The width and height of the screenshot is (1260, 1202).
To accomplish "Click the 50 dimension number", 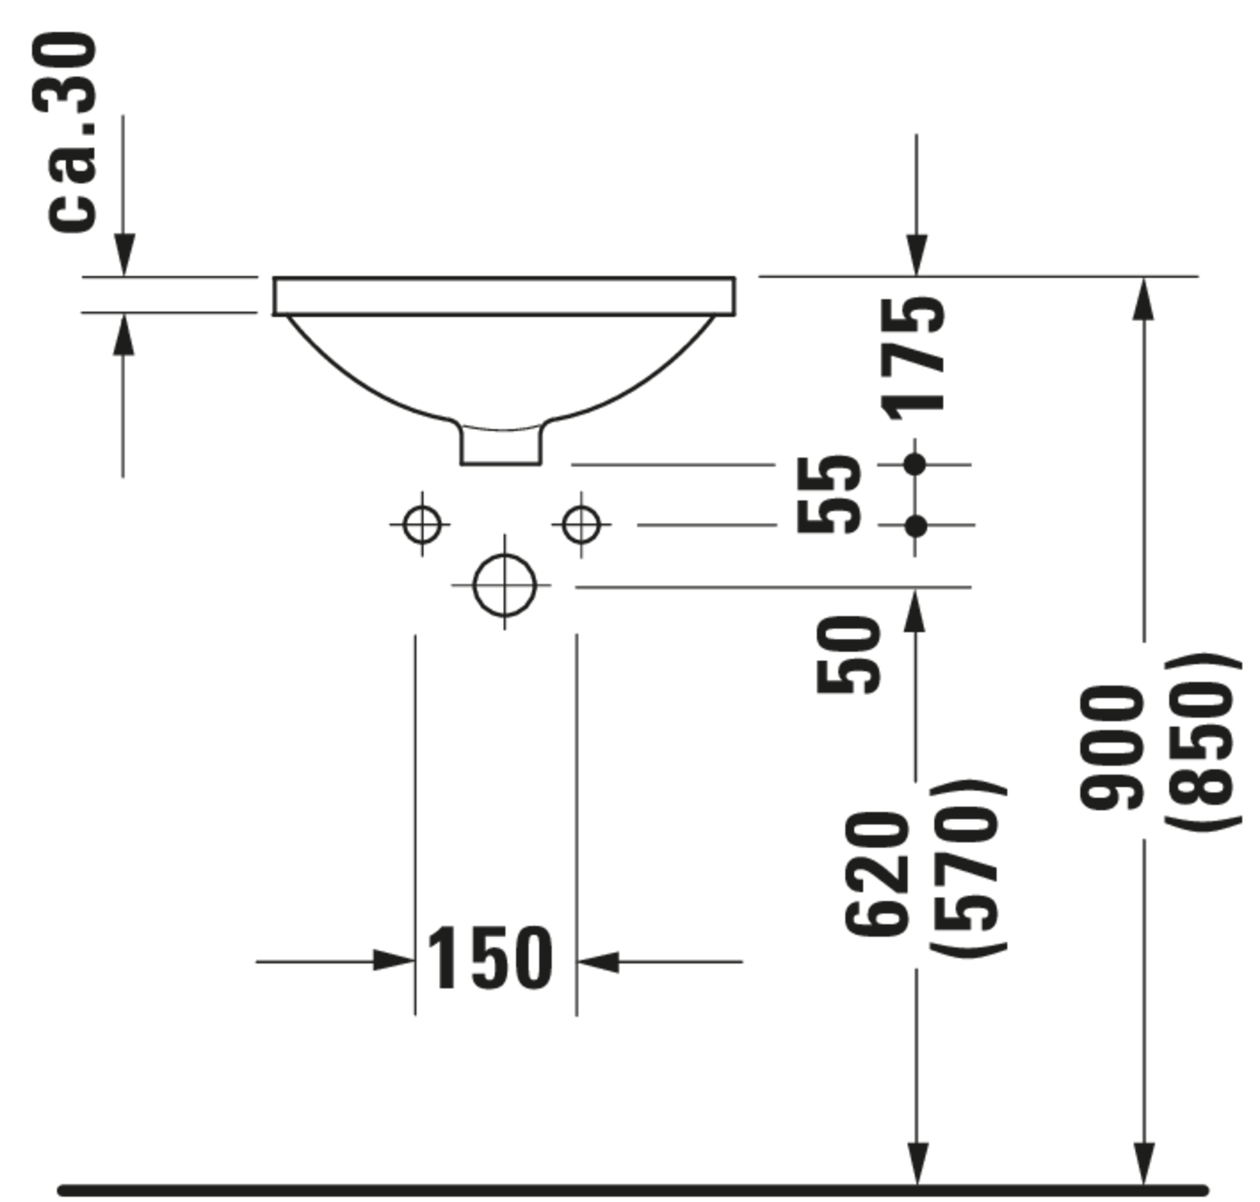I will [x=848, y=654].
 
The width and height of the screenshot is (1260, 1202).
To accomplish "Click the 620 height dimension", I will [x=877, y=875].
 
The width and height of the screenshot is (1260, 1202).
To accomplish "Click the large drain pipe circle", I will [x=504, y=585].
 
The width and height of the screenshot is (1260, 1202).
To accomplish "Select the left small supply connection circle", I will [x=423, y=524].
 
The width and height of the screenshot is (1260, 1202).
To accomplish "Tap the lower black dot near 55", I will [x=916, y=526].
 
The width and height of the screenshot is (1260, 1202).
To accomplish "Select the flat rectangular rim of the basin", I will [x=504, y=296].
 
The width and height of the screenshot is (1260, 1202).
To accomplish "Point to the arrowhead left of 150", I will [x=394, y=961].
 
